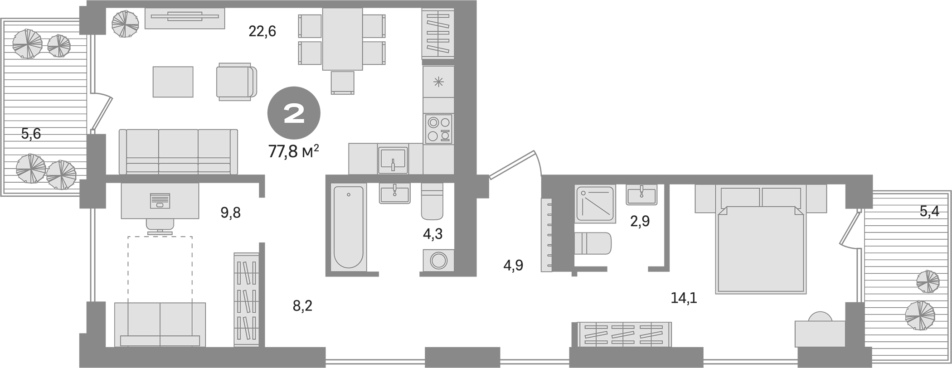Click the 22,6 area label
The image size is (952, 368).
coord(262,32)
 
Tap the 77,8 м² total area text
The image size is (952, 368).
coord(294,151)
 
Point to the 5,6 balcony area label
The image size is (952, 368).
coord(31,134)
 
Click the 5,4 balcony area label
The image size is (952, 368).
coord(929,211)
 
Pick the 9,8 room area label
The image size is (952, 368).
coord(230,213)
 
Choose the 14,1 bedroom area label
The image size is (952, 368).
coord(684,298)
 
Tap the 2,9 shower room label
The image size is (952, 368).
coord(640,221)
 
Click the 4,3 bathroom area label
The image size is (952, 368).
coord(432,234)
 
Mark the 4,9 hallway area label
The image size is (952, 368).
coord(513,265)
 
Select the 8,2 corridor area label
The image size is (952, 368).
coord(302,306)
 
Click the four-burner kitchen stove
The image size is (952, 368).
coord(438,129)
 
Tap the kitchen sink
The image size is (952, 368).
coord(393,160)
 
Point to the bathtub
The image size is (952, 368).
coord(348,228)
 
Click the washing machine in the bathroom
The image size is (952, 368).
coord(438,261)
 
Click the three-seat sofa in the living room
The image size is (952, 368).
coord(178,152)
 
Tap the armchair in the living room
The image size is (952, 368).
coord(236,82)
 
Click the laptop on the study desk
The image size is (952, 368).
coord(160,200)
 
